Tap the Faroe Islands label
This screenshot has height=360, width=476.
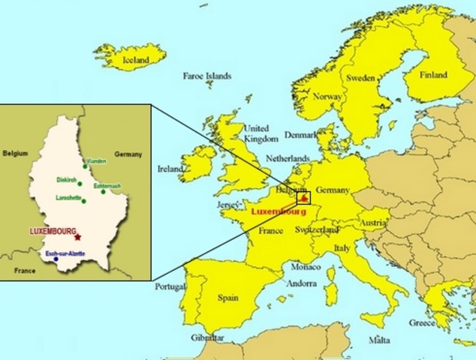tap(207, 76)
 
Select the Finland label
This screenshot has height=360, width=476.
tap(433, 75)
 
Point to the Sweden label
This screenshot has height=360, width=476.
tap(360, 78)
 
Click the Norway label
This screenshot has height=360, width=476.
tap(327, 97)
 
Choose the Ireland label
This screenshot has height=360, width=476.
tap(170, 169)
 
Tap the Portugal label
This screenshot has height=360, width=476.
tap(170, 286)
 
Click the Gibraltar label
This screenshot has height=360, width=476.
tap(206, 338)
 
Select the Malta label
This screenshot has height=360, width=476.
tap(379, 340)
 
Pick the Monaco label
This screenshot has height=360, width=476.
tap(306, 268)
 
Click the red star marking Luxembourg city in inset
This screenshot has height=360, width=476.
tap(78, 237)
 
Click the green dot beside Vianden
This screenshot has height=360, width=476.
tap(86, 166)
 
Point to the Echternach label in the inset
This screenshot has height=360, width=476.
tap(106, 185)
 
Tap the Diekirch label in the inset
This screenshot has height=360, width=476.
tap(68, 180)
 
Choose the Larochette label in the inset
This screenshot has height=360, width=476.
tap(68, 197)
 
